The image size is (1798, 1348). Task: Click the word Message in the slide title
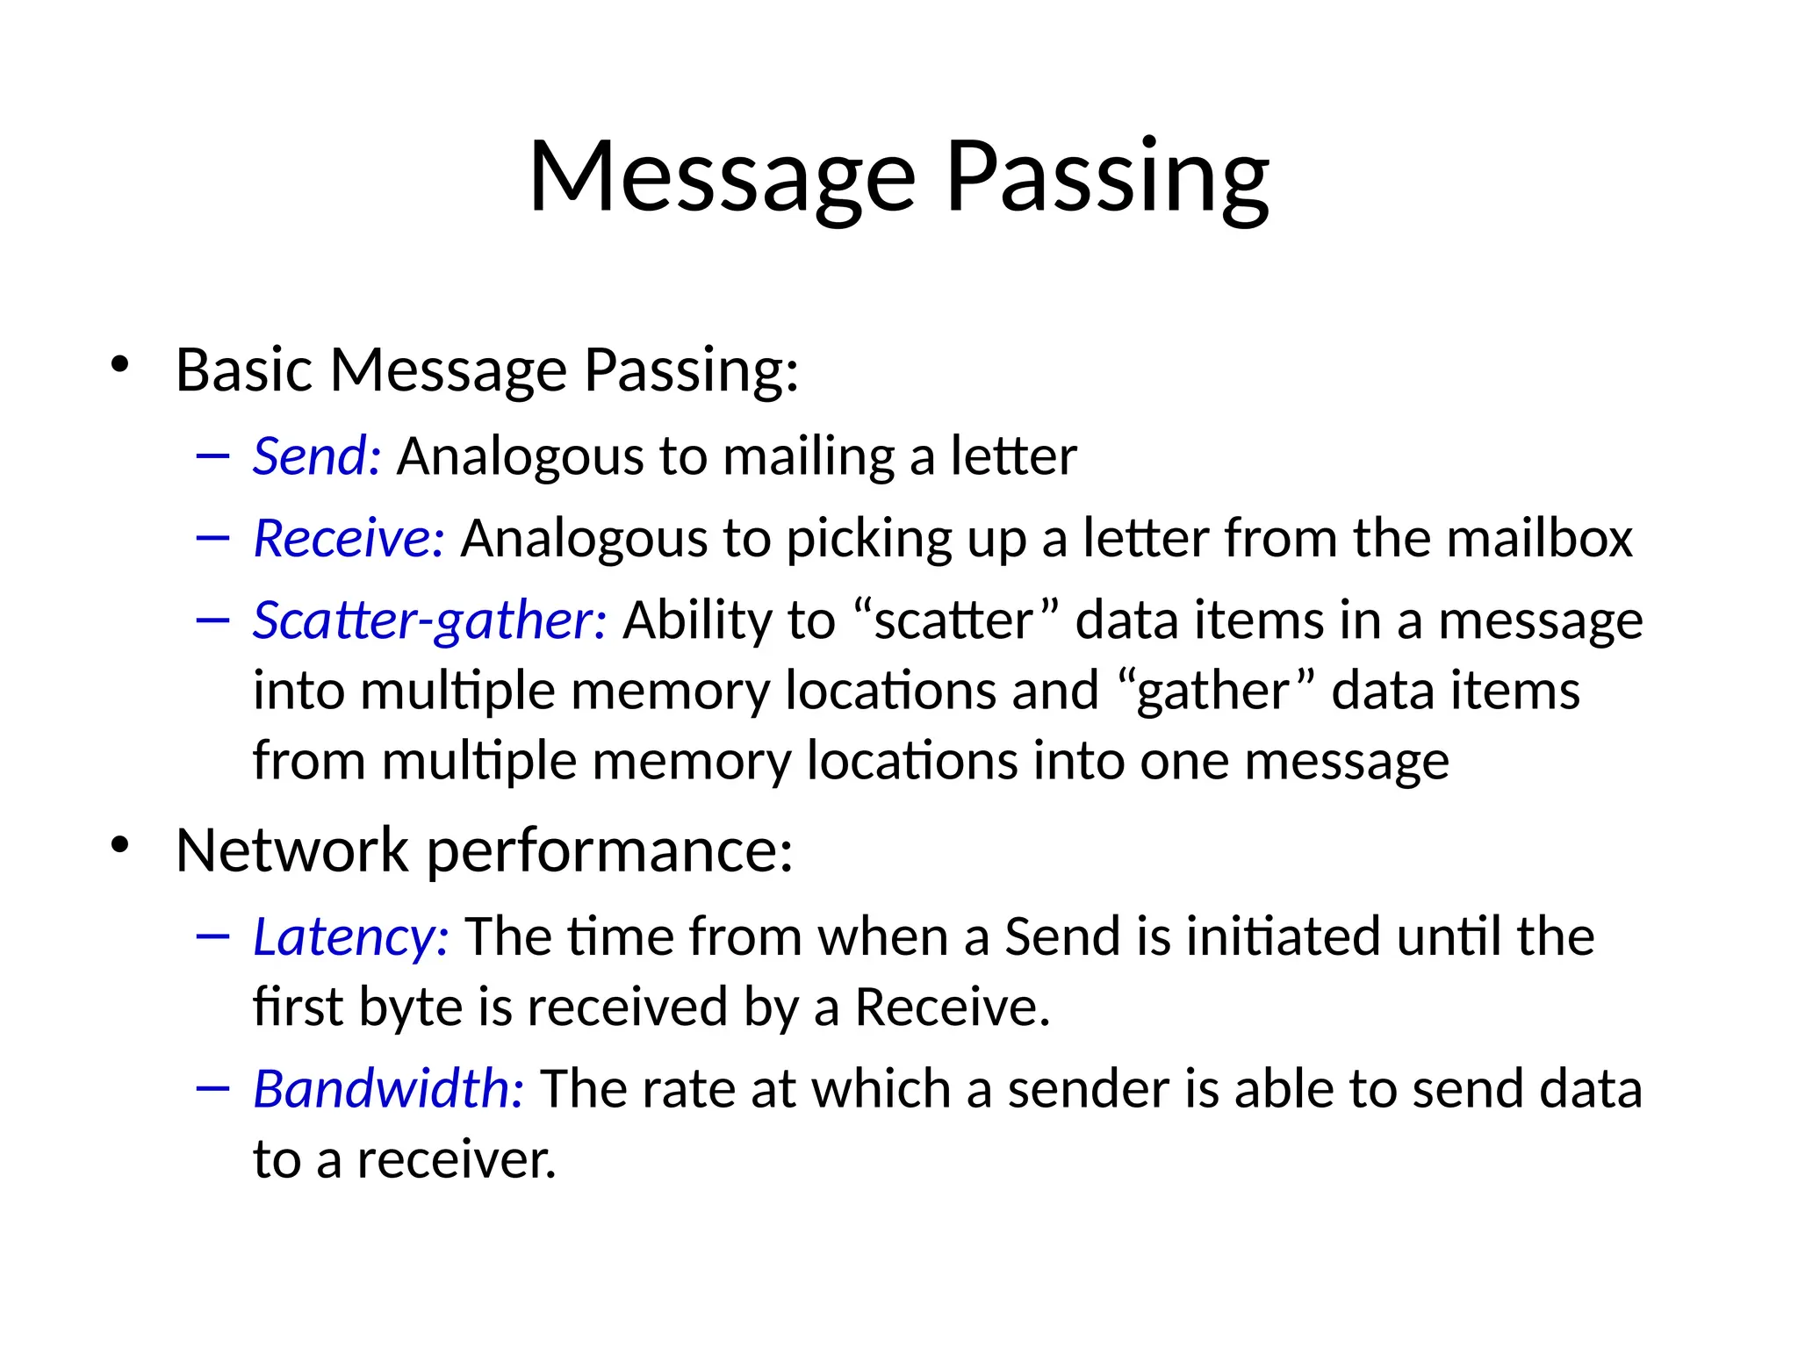pyautogui.click(x=722, y=178)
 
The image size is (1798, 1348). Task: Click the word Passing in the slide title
pyautogui.click(x=1107, y=178)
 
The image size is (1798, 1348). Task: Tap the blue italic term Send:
pyautogui.click(x=317, y=456)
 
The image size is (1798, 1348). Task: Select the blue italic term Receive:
pyautogui.click(x=349, y=538)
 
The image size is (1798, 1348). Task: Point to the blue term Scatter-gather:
pyautogui.click(x=429, y=620)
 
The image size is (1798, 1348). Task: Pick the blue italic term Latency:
pyautogui.click(x=350, y=936)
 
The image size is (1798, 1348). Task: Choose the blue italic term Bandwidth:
pyautogui.click(x=388, y=1089)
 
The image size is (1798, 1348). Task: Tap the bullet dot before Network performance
pyautogui.click(x=120, y=845)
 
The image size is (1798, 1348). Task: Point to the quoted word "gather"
pyautogui.click(x=1217, y=691)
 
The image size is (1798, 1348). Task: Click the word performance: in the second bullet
pyautogui.click(x=609, y=851)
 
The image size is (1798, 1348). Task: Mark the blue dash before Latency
pyautogui.click(x=213, y=937)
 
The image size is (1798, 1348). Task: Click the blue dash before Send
pyautogui.click(x=213, y=456)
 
